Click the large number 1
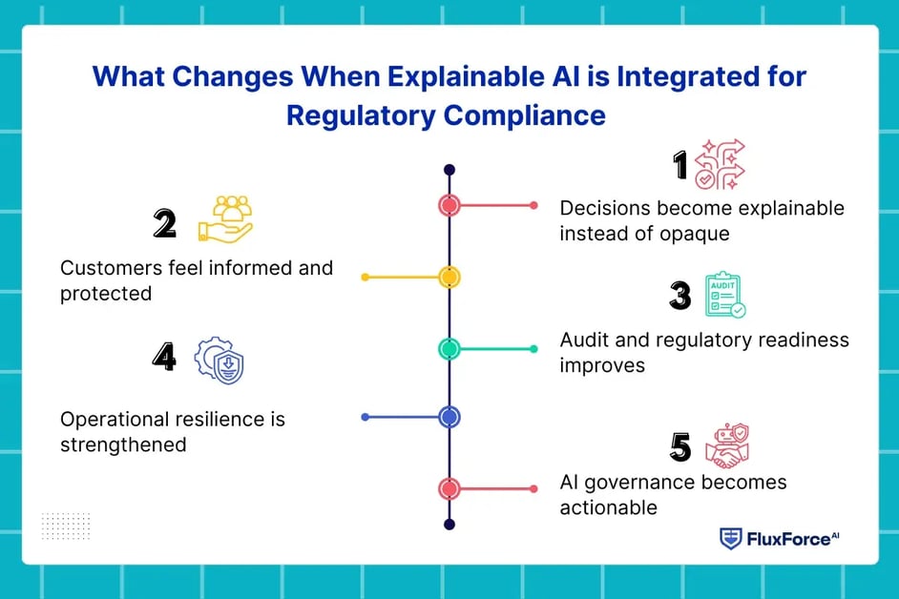tap(680, 165)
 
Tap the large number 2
tap(164, 223)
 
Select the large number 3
tap(680, 296)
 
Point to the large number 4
tap(164, 357)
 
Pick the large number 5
tap(680, 447)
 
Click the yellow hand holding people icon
tap(225, 219)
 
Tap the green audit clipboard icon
tap(724, 295)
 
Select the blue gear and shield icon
tap(220, 361)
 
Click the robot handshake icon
tap(727, 445)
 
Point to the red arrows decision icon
tap(720, 164)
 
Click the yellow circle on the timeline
tap(449, 278)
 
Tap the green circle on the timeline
tap(449, 348)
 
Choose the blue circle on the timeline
tap(449, 417)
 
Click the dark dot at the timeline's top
tap(449, 170)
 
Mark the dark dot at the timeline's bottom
tap(449, 525)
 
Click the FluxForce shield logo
tap(730, 539)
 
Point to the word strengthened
tap(123, 445)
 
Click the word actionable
tap(608, 507)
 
